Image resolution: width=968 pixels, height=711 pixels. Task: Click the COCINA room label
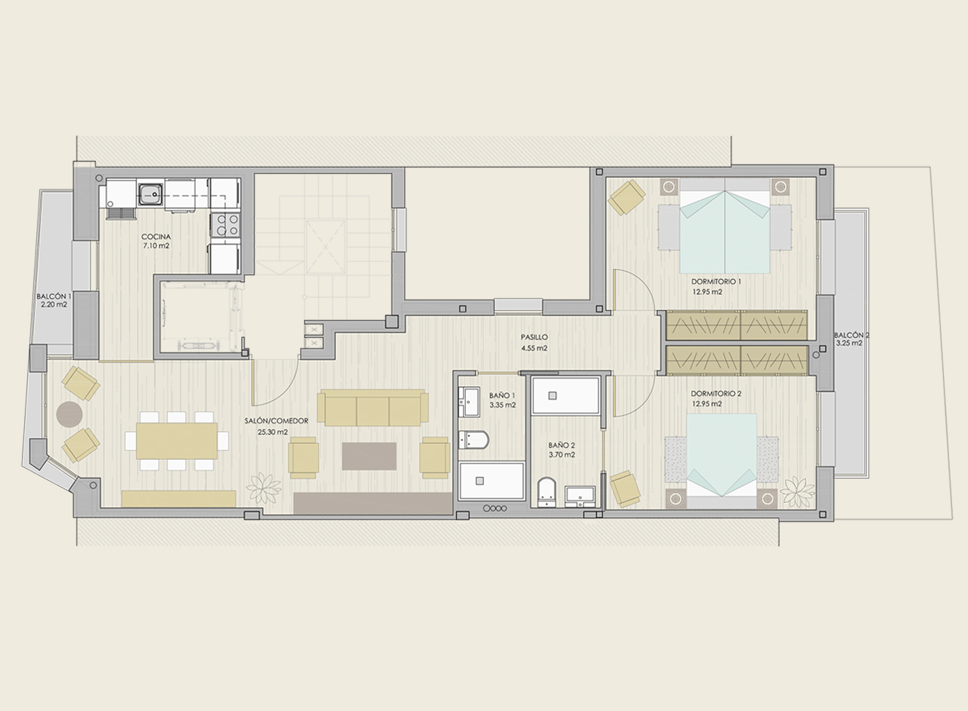point(156,237)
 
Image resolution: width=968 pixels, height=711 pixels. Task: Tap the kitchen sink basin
point(150,195)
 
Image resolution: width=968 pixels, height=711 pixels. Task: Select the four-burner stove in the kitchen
point(225,225)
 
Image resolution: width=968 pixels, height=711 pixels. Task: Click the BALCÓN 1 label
point(54,297)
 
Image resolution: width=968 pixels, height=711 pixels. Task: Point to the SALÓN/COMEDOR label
point(276,421)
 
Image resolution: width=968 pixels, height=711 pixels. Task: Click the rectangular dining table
point(177,441)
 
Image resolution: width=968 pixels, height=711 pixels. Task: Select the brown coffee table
point(369,456)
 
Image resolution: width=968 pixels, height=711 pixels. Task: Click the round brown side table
point(70,414)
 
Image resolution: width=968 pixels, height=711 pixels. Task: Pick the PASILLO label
point(534,337)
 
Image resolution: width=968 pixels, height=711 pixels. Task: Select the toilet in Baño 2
point(547,492)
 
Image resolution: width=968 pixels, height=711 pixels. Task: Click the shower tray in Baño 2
point(566,396)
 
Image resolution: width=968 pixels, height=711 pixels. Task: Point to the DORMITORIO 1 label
point(716,281)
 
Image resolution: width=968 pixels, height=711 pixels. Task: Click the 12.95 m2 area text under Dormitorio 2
point(707,404)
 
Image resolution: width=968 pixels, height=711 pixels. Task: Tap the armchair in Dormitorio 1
point(627,197)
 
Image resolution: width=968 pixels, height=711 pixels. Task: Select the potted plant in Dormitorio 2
point(798,492)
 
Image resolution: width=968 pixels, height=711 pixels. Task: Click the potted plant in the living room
point(263,489)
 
